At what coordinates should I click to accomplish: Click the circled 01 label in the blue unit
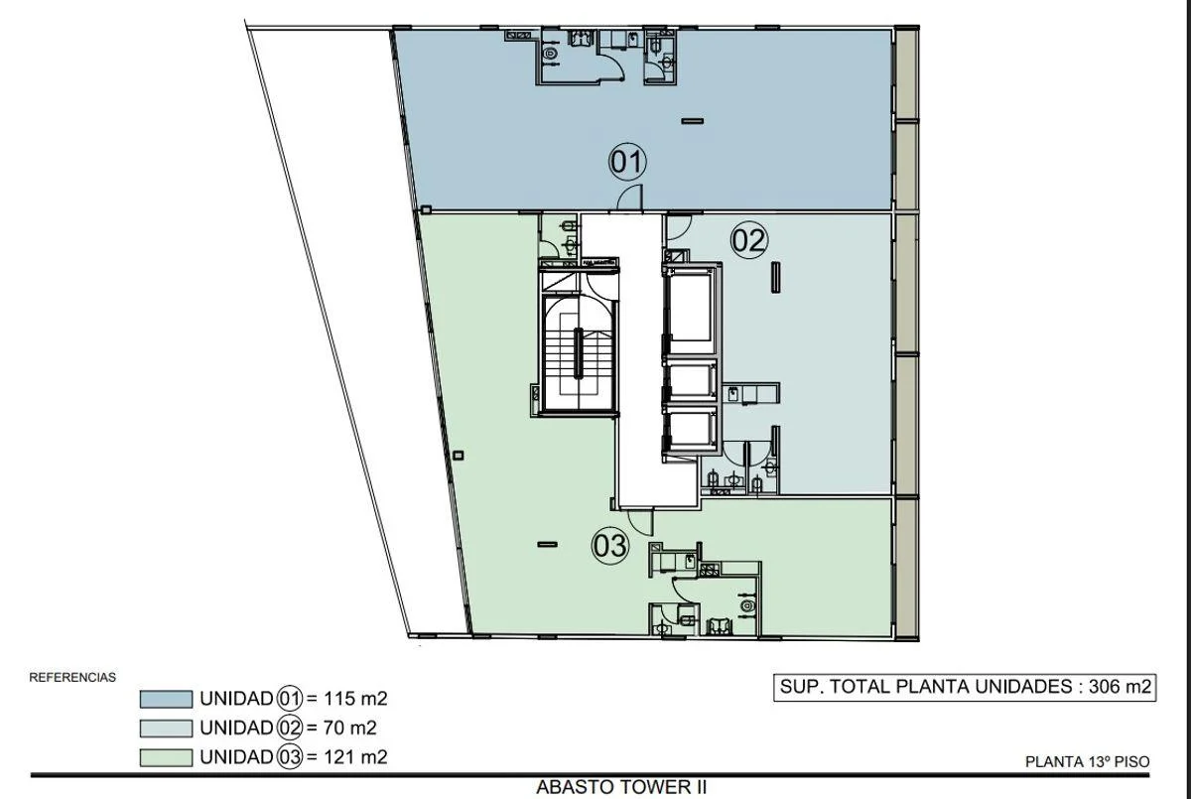pos(627,162)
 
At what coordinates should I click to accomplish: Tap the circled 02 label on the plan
pos(749,240)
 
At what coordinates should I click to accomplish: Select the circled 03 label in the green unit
pos(610,546)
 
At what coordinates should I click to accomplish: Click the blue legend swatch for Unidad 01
pos(166,699)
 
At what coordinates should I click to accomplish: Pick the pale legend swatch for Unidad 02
pos(166,729)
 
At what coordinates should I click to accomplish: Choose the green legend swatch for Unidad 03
pos(166,757)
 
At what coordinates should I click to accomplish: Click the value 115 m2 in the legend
pos(354,699)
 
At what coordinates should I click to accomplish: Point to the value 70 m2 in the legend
pos(349,728)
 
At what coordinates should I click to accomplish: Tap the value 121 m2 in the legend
pos(354,757)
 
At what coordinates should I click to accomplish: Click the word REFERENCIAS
pos(72,677)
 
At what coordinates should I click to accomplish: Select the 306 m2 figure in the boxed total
pos(1120,686)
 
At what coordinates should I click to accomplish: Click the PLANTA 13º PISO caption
pos(1088,762)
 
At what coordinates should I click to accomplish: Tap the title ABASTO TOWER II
pos(621,787)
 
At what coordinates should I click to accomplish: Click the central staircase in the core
pos(578,353)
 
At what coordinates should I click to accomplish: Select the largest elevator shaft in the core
pos(690,308)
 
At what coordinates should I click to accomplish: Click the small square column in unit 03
pos(458,455)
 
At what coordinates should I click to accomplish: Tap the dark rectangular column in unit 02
pos(776,277)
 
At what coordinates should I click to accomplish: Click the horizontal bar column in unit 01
pos(693,121)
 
